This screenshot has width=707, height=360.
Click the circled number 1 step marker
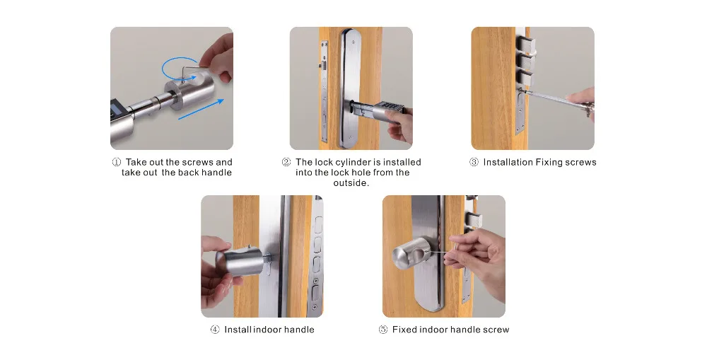(x=117, y=162)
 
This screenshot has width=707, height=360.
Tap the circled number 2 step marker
(x=286, y=162)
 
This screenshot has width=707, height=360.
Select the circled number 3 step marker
(x=474, y=162)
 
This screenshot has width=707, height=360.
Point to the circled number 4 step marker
(x=215, y=330)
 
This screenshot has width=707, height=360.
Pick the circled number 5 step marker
(x=382, y=330)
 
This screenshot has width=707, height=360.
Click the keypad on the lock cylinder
(x=389, y=107)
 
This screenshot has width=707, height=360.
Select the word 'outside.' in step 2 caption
(x=351, y=183)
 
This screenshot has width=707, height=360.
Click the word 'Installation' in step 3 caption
(x=508, y=162)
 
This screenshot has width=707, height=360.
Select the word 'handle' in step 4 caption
(x=299, y=330)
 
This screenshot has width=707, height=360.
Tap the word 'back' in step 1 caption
(x=188, y=173)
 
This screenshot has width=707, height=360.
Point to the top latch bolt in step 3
(x=526, y=45)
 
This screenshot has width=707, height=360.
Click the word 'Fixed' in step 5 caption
(x=404, y=330)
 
